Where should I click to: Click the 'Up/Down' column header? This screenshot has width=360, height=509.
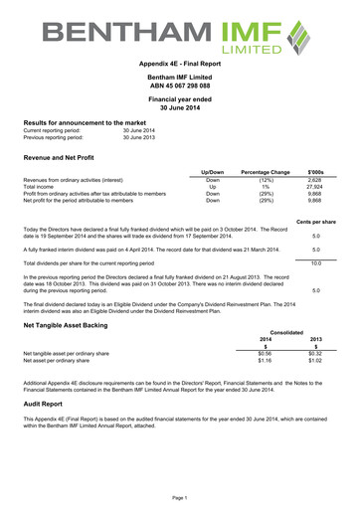click(211, 173)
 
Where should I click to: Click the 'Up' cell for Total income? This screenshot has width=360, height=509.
click(211, 187)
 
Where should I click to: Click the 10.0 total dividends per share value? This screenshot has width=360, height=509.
click(315, 262)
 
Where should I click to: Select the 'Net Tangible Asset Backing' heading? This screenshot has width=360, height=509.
click(70, 324)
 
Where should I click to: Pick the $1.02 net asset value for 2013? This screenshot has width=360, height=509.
click(315, 360)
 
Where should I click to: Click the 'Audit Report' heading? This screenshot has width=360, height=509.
click(48, 406)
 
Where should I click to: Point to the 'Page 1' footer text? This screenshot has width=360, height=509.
click(180, 496)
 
